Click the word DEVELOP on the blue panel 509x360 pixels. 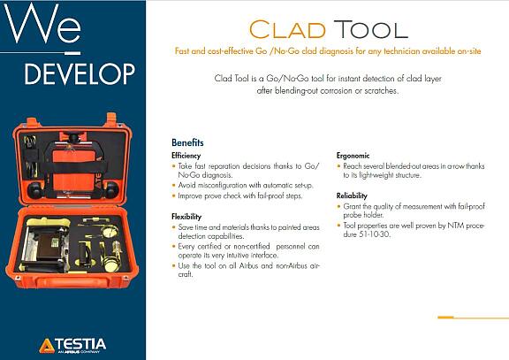click(80, 71)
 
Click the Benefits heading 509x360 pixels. click(187, 142)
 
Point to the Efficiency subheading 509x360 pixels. click(186, 155)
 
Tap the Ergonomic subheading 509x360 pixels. click(353, 155)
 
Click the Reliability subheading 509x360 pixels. click(352, 195)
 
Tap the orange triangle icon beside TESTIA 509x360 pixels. click(46, 343)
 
